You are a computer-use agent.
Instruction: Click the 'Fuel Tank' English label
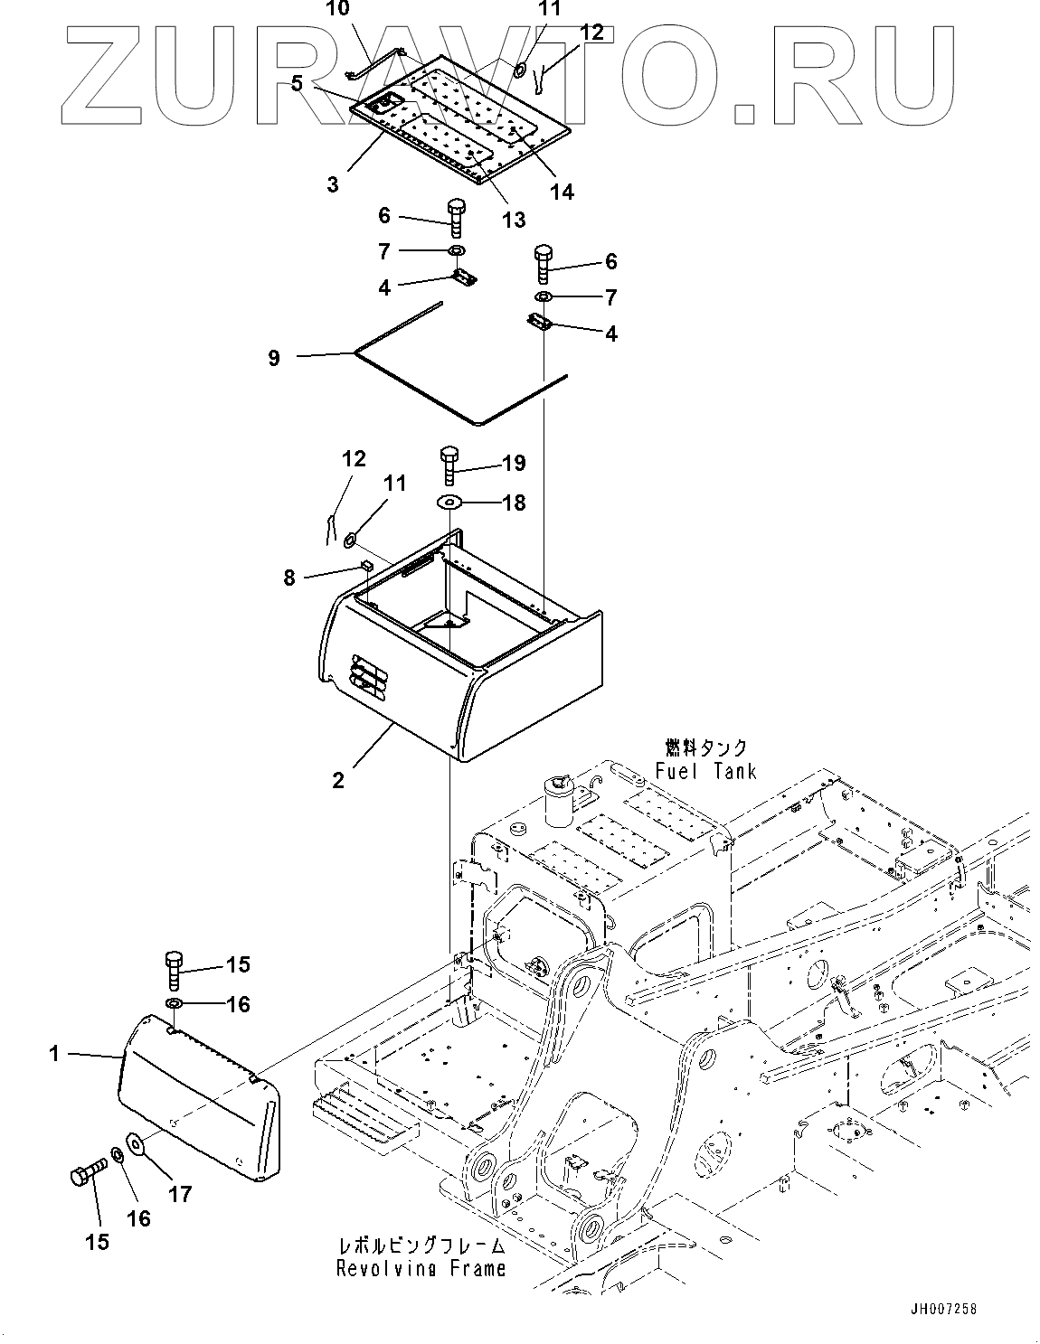coord(706,771)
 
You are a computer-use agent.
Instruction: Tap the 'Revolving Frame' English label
coord(421,1269)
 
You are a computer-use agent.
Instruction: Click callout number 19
coord(514,464)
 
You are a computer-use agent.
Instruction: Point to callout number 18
coord(514,503)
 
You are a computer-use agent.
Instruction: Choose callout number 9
coord(274,358)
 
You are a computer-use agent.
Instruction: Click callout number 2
coord(338,780)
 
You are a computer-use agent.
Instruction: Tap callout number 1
coord(54,1053)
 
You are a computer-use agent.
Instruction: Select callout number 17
coord(180,1194)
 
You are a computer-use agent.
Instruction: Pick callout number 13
coord(514,220)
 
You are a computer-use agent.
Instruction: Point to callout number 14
coord(562,192)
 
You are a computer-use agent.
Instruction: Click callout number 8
coord(289,577)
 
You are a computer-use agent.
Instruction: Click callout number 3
coord(333,184)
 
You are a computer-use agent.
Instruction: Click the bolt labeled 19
coord(450,465)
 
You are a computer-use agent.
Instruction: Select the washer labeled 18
coord(450,502)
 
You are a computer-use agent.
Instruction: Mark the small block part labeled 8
coord(367,565)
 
